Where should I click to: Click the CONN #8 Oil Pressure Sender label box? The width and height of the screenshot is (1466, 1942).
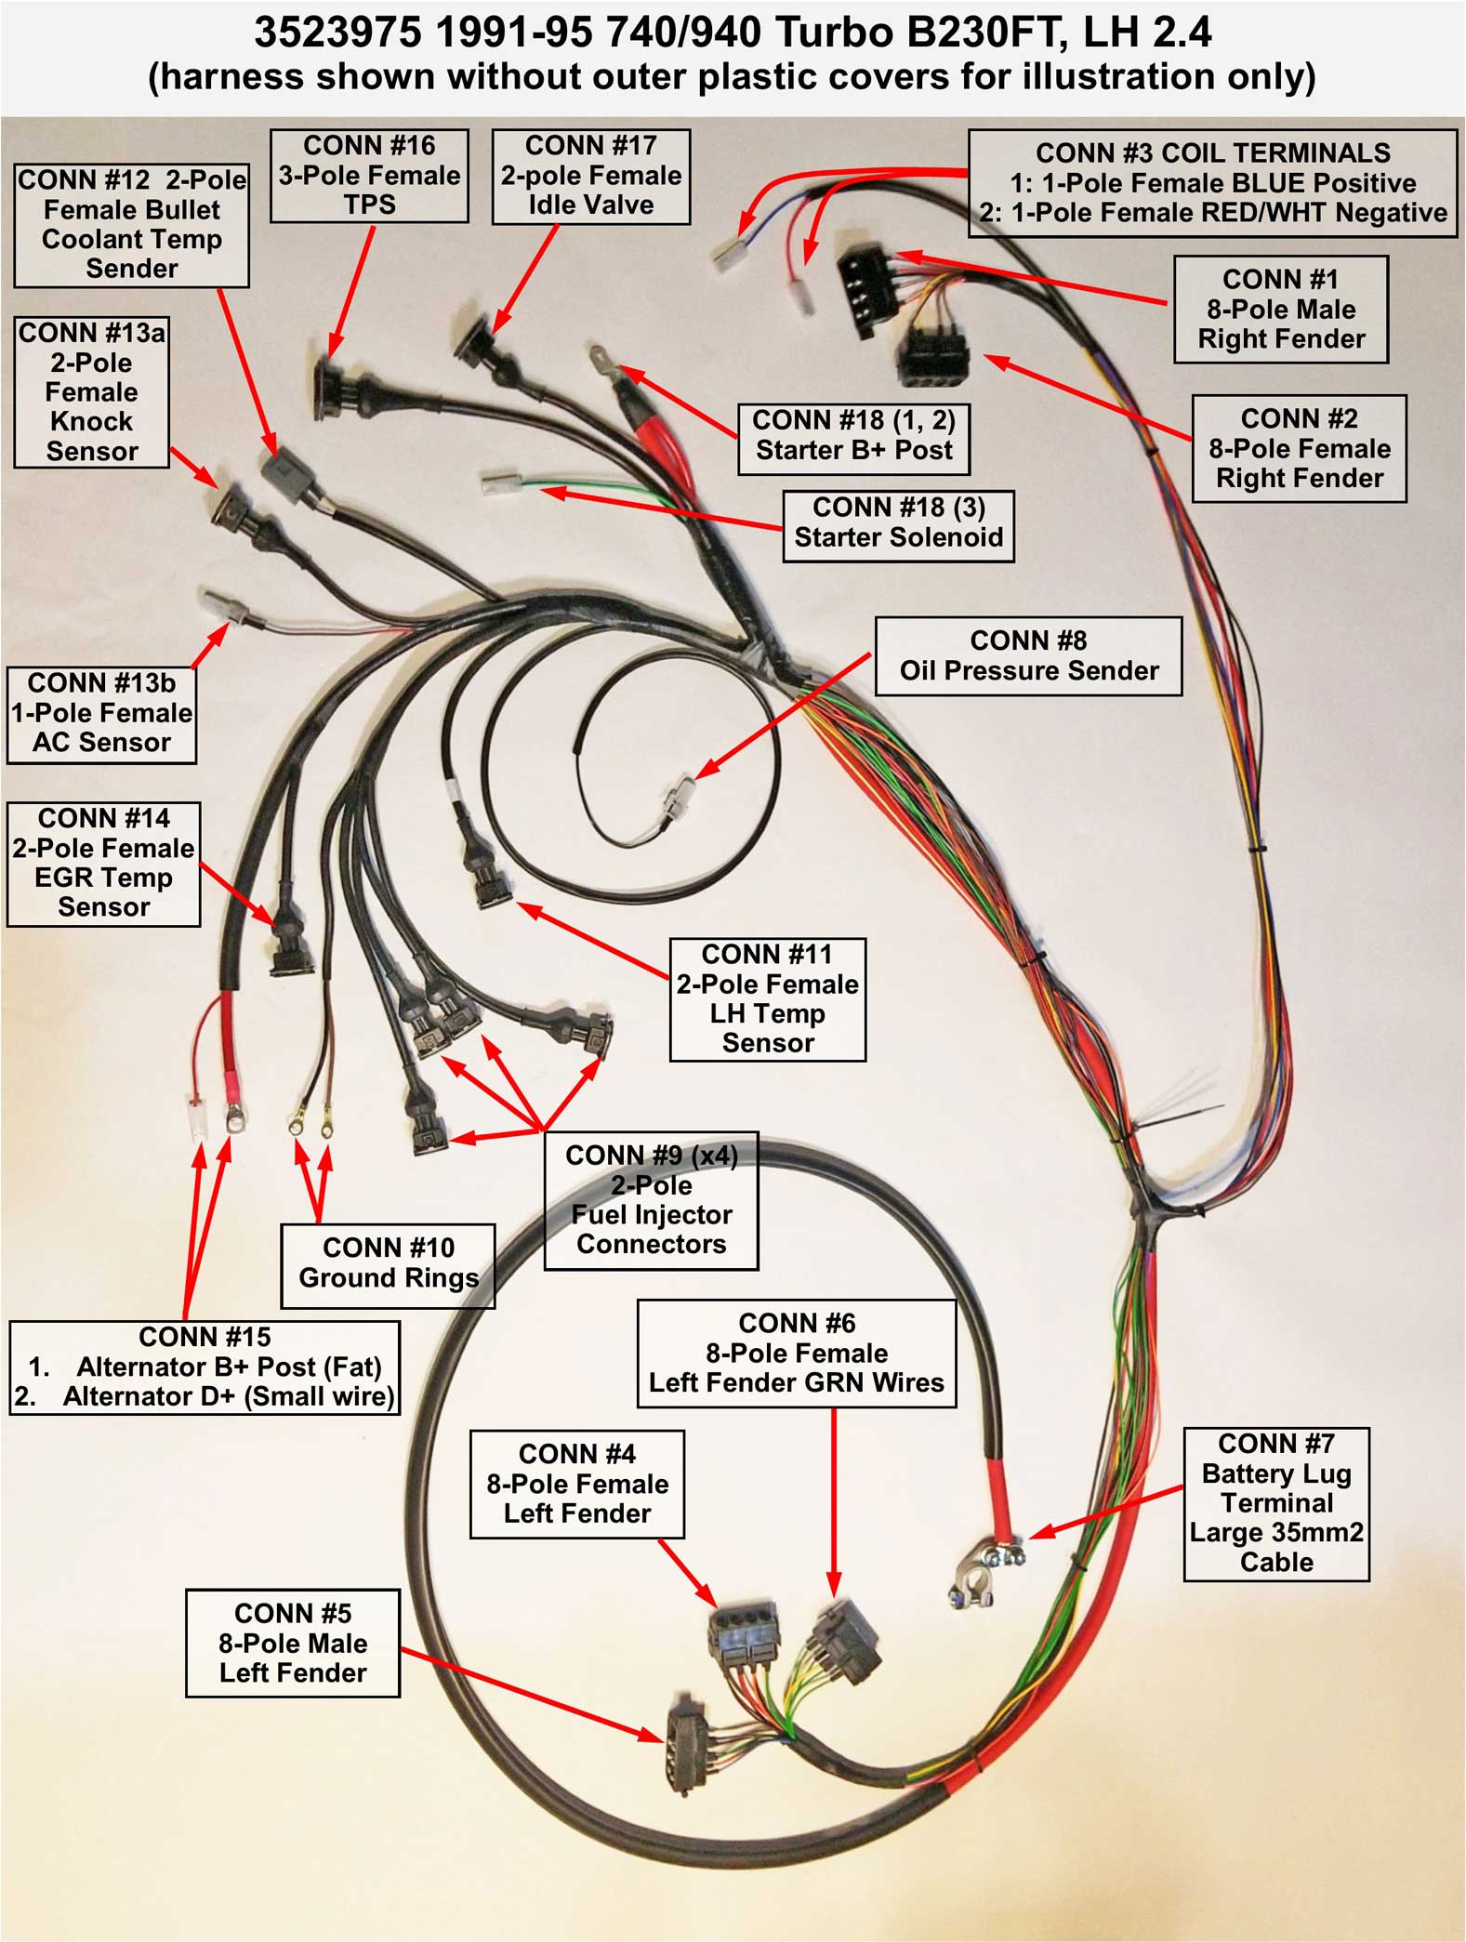(1028, 656)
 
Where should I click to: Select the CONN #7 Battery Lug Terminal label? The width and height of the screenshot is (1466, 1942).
(1275, 1503)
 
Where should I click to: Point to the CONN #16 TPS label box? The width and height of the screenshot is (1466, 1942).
(369, 176)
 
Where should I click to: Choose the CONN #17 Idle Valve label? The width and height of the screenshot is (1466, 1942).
(590, 176)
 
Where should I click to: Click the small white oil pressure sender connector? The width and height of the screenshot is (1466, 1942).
(678, 799)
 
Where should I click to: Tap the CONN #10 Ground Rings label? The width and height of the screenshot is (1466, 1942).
(388, 1263)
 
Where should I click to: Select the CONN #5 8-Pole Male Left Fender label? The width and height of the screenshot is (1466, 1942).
(293, 1643)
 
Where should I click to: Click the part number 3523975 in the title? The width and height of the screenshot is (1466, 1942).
(337, 33)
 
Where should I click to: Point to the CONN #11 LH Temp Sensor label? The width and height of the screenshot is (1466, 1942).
(767, 998)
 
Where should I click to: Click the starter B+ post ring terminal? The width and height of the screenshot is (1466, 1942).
(601, 356)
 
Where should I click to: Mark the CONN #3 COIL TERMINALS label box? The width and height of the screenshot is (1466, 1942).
(1212, 183)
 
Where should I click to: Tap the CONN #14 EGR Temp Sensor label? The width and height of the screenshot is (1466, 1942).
(103, 864)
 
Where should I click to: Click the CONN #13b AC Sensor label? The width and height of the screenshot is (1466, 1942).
(101, 713)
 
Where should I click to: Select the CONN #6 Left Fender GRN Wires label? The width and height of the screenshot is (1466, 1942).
(796, 1354)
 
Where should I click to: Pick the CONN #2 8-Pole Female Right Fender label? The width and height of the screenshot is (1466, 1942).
(1299, 449)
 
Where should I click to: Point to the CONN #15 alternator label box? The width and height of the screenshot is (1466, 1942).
(205, 1367)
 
